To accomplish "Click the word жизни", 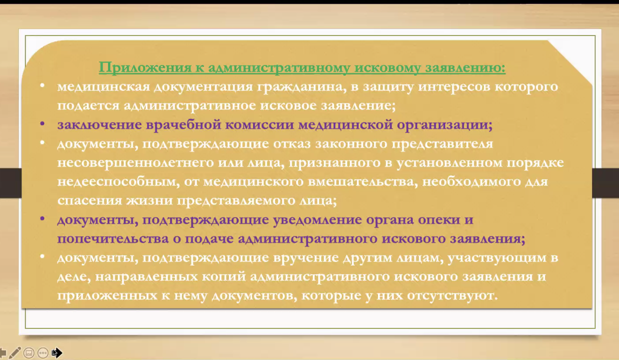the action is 149,200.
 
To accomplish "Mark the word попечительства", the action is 113,239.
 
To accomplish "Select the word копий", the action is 224,277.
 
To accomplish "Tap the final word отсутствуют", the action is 452,295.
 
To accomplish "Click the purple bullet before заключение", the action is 42,124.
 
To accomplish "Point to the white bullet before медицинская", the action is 42,86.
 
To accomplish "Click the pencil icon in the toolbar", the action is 15,353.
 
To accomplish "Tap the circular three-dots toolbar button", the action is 43,353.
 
